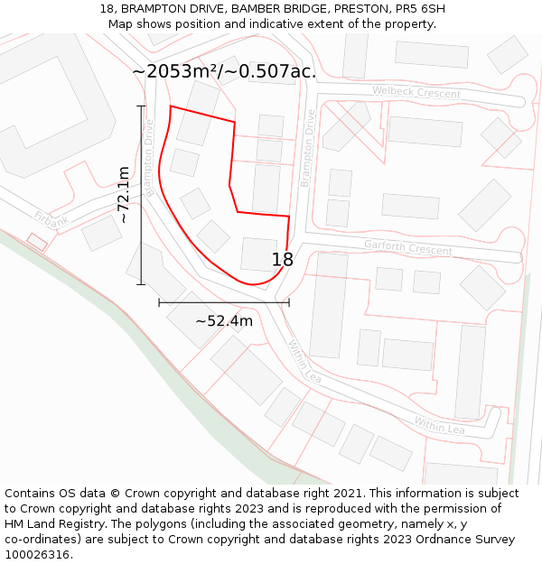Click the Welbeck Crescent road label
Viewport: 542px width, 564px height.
point(416,93)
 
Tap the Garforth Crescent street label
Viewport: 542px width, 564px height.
point(407,247)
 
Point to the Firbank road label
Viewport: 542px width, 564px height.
point(51,218)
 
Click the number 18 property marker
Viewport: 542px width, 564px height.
point(283,260)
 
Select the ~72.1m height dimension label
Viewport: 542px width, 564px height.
point(124,195)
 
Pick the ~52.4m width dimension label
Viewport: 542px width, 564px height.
point(224,320)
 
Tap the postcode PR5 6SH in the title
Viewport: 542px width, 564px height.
point(415,9)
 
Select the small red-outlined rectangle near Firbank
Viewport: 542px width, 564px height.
point(37,242)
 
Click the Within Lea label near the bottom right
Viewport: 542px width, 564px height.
point(439,425)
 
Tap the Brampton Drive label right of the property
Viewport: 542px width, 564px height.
point(308,148)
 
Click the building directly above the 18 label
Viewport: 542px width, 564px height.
point(259,254)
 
